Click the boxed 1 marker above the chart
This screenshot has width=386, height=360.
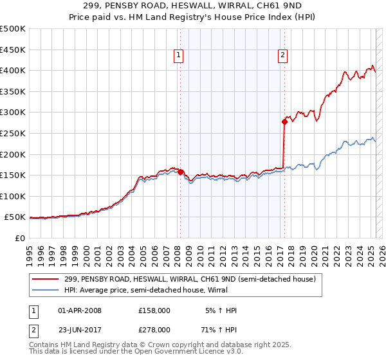click(179, 56)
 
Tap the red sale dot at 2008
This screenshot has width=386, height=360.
click(180, 172)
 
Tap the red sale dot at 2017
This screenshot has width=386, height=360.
click(284, 121)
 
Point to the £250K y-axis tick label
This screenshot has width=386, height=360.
click(14, 133)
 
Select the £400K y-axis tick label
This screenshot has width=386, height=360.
click(14, 70)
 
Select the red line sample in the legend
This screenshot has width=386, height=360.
click(46, 280)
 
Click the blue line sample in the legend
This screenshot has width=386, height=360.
click(46, 291)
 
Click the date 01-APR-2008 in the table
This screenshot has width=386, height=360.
click(80, 310)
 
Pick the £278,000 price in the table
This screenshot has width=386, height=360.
click(154, 329)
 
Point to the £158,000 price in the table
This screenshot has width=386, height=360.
click(154, 310)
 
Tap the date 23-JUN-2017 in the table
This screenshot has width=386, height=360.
click(80, 329)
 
